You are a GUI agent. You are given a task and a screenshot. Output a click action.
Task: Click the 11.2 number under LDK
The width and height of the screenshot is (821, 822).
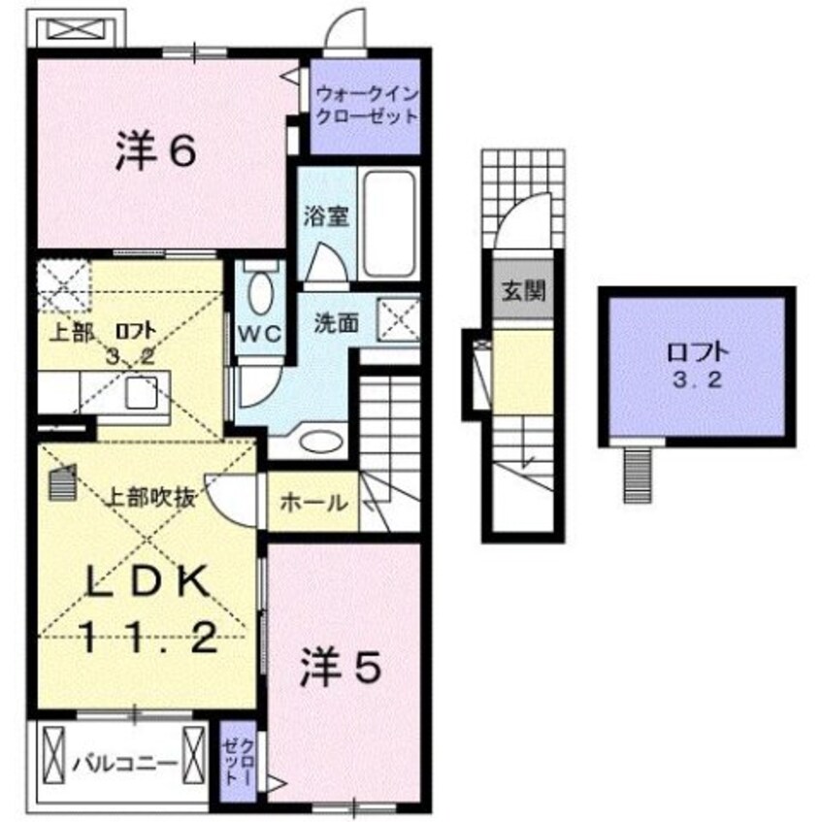[x=147, y=638]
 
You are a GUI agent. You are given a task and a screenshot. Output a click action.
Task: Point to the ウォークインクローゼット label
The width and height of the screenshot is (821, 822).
[x=366, y=107]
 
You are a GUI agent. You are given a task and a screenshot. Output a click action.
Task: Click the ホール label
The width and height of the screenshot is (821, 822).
[x=313, y=503]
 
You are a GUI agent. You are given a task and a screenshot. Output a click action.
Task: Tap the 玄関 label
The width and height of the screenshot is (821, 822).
[x=523, y=291]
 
